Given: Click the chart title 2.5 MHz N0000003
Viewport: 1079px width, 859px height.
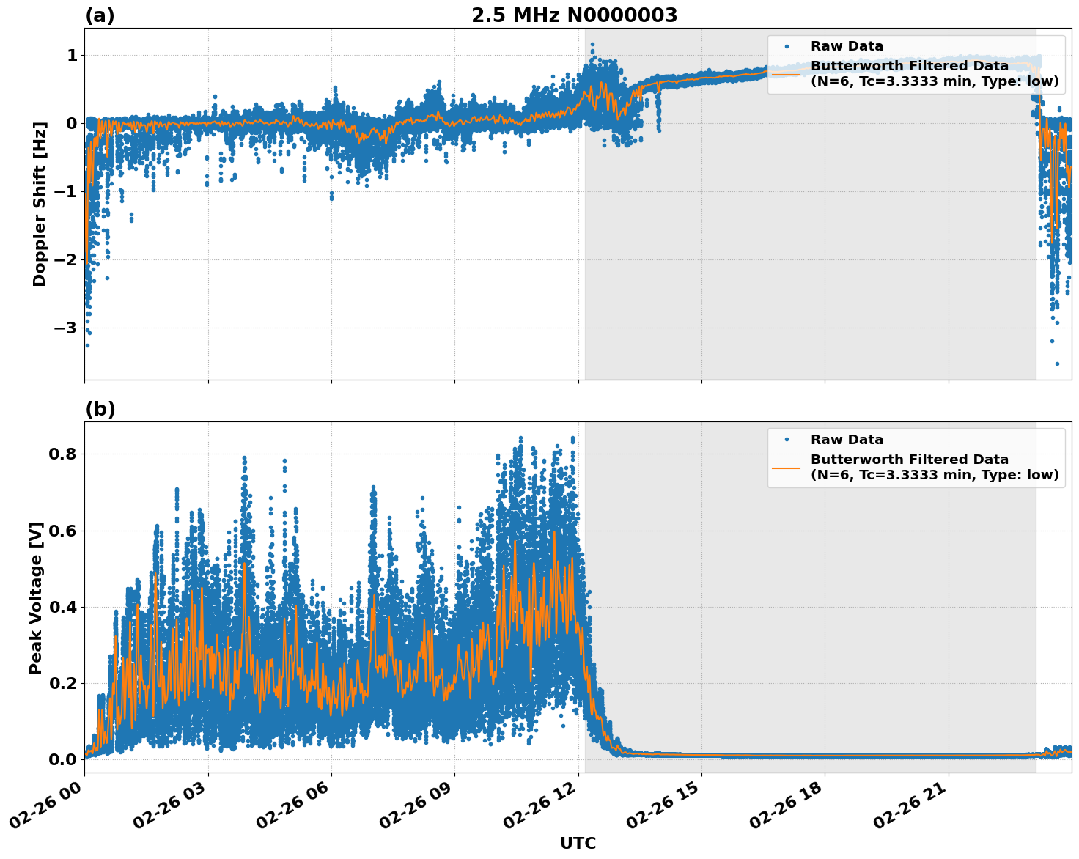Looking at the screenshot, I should (574, 15).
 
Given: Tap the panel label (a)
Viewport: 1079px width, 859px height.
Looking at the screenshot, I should (100, 15).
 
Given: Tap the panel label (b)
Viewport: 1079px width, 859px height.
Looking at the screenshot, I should (100, 409).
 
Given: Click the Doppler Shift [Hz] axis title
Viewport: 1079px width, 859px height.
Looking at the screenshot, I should (40, 204).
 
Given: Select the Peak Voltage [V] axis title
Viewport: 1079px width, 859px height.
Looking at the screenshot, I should (36, 597).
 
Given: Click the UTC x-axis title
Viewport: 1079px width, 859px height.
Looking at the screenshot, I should (578, 843).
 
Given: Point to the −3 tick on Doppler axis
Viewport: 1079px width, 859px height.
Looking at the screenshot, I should (66, 328).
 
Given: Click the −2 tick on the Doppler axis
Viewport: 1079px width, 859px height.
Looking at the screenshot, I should (66, 259).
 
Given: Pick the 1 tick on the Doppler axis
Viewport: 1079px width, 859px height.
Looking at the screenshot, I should (72, 56).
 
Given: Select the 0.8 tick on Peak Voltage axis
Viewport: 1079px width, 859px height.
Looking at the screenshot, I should (64, 454).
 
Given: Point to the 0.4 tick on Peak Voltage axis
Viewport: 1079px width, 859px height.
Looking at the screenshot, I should (64, 607).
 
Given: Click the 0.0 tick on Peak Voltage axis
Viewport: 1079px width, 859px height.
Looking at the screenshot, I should (64, 759).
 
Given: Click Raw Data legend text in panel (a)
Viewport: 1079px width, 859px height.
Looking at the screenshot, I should (847, 46).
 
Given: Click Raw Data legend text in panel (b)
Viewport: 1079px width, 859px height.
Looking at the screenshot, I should (847, 440).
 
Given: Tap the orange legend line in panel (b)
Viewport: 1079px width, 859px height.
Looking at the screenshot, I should (786, 467).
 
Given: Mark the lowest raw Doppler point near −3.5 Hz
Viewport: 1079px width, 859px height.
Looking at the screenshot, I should (1057, 364).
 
